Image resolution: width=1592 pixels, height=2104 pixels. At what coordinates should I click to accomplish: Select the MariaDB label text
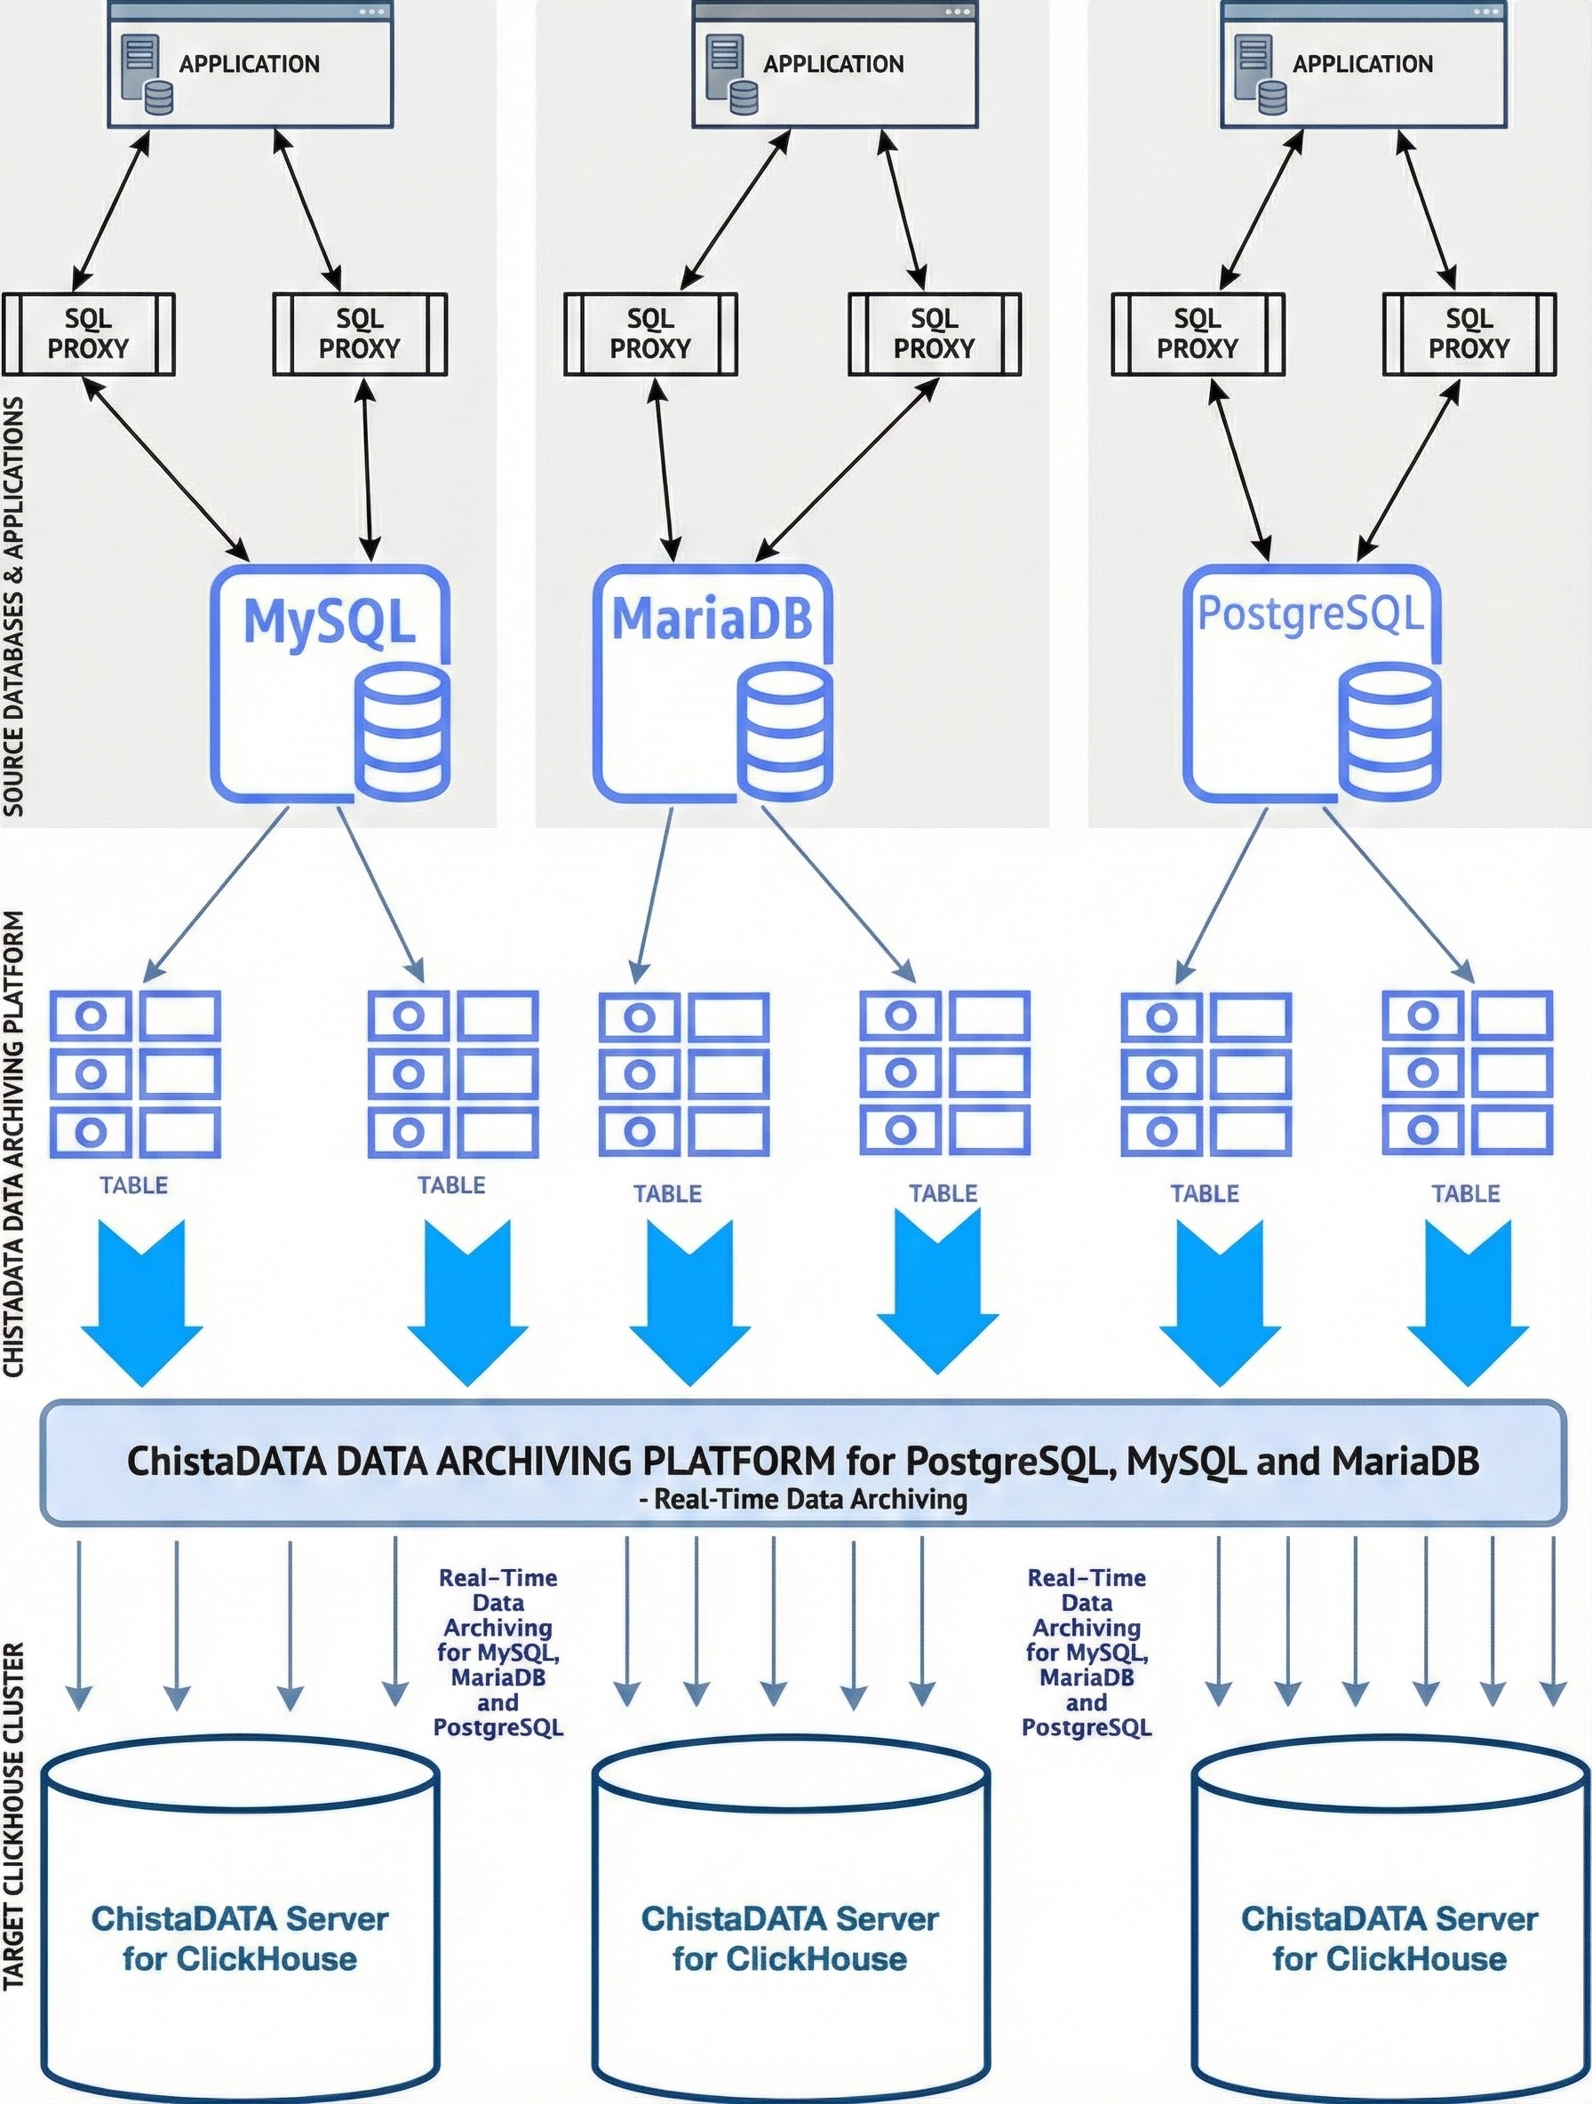712,618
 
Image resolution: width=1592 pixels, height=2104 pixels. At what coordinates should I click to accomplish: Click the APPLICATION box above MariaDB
835,65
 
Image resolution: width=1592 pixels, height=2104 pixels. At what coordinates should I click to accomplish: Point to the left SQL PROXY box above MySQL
89,334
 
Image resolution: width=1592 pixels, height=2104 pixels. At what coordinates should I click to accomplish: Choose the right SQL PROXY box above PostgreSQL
1469,334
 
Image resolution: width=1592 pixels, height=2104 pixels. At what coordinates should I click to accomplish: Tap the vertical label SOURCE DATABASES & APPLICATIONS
13,609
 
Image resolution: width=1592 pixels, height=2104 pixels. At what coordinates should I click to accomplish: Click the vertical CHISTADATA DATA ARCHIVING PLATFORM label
13,1142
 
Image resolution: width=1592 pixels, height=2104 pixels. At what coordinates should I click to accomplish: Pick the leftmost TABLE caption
134,1185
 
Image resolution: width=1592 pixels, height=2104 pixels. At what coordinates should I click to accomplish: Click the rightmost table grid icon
1467,1073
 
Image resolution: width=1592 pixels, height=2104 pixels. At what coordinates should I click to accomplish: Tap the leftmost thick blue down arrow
142,1303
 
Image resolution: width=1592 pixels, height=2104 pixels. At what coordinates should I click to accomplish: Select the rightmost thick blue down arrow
1468,1303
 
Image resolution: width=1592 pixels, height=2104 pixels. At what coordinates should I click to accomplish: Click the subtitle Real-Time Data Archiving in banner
804,1500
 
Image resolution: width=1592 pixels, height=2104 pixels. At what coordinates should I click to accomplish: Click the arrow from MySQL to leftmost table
217,894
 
